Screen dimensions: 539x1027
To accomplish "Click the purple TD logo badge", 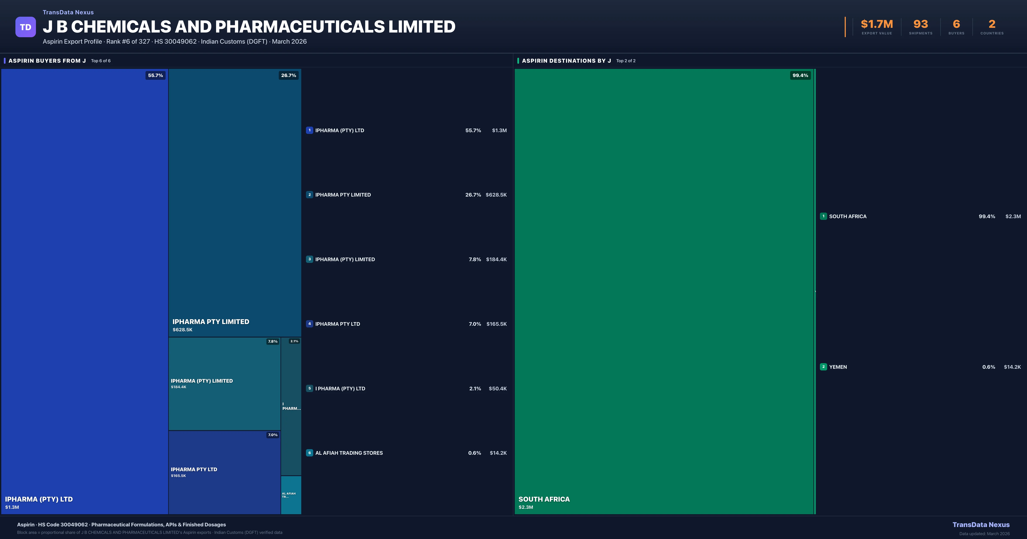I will [x=25, y=27].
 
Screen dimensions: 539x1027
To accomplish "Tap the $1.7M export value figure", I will [x=877, y=24].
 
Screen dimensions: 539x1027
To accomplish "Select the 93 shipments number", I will [x=920, y=24].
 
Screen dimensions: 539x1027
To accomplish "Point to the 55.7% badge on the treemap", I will [x=156, y=75].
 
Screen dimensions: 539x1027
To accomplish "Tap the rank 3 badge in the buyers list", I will [x=309, y=259].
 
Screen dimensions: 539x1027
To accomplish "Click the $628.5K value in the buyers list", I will [x=496, y=195].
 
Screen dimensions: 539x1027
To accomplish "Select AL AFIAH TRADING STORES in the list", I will [x=349, y=453].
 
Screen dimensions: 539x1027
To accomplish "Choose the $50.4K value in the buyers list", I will [x=497, y=388].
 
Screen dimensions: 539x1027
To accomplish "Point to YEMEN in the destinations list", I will [x=838, y=367].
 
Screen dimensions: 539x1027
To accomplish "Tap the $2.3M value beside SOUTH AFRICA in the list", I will [x=1013, y=216].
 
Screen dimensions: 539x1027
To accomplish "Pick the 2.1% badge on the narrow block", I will [x=294, y=341].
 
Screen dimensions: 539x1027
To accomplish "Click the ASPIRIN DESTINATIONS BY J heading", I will [x=566, y=61].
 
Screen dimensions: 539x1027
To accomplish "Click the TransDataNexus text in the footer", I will [x=981, y=525].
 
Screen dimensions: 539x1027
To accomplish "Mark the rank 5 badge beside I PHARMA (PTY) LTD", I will [x=309, y=388].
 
